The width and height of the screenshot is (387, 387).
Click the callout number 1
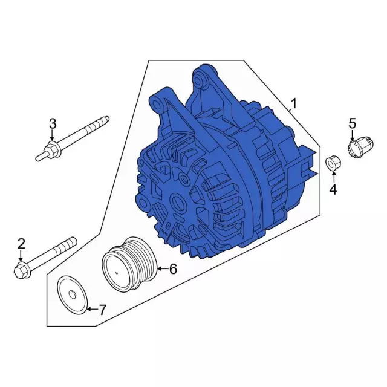tap(293, 104)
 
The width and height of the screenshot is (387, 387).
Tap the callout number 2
tap(21, 244)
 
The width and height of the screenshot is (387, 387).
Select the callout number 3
tap(53, 123)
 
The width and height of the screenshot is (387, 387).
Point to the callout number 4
tap(333, 189)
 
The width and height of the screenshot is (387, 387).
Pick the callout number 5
tap(352, 123)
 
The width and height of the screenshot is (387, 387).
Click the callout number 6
tap(173, 268)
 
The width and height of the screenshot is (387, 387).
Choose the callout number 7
tap(102, 310)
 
